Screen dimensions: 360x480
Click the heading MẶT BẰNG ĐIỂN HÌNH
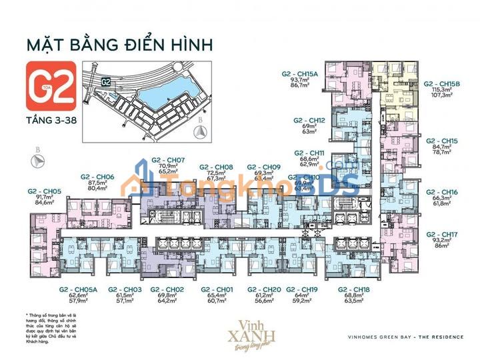tap(119, 45)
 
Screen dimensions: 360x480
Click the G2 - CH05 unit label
tap(45, 191)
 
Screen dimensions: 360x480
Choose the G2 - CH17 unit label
tap(442, 235)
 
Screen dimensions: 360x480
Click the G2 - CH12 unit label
tap(309, 121)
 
